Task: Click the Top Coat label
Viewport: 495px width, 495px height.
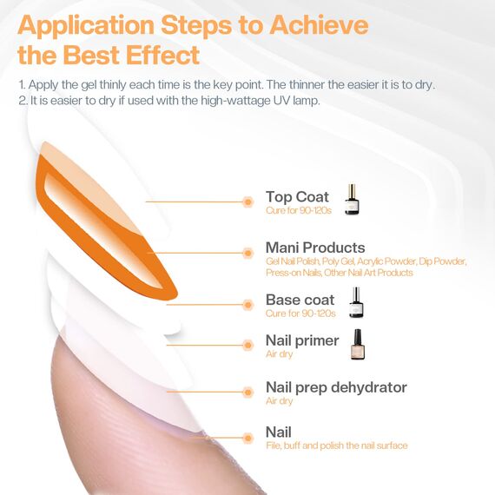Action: click(297, 197)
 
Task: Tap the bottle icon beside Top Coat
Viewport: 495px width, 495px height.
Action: click(351, 200)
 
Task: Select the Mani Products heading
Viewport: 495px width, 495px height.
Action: click(315, 247)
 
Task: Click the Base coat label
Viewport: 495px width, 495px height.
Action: click(300, 300)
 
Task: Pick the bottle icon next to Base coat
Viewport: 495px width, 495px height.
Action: click(355, 302)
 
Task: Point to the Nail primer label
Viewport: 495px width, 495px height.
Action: click(302, 340)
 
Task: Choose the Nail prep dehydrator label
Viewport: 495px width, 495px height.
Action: click(336, 387)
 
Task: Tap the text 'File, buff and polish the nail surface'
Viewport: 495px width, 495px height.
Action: click(336, 445)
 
